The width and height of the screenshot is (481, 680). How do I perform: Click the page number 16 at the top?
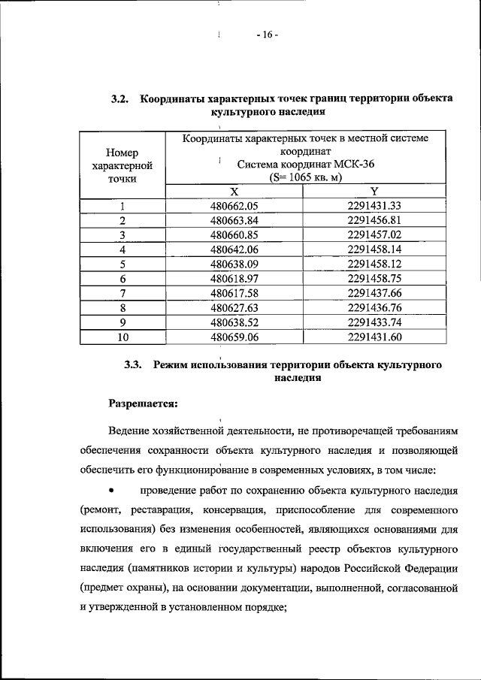267,35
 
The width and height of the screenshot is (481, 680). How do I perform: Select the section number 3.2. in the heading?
121,99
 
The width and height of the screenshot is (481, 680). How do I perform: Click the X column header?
234,192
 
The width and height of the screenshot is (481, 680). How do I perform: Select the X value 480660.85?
234,235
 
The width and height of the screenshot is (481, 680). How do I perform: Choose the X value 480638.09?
234,264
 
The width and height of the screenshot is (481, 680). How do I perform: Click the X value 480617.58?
234,292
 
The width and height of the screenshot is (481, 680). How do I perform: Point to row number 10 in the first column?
121,336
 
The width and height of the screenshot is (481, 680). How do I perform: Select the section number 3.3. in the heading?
133,365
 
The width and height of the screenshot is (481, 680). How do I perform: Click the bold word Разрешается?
142,403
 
